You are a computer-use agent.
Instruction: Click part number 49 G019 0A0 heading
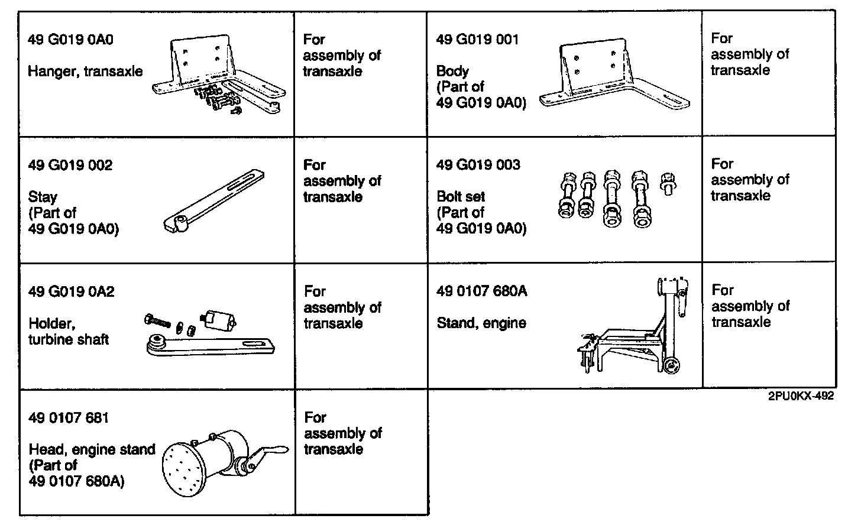tap(70, 40)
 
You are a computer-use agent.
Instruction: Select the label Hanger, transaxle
tap(85, 72)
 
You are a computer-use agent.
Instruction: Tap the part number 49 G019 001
tap(477, 40)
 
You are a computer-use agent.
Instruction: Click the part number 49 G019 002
tap(70, 165)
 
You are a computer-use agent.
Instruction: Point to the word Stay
tap(43, 197)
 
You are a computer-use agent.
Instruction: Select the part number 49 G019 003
tap(478, 165)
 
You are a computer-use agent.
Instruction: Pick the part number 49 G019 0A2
tap(71, 291)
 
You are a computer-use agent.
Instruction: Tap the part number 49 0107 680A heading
tap(481, 291)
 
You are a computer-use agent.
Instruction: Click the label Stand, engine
tap(481, 323)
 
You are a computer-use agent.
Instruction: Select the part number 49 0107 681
tap(69, 418)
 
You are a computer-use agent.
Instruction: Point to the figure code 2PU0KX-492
tap(801, 397)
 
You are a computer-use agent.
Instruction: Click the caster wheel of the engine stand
tap(671, 366)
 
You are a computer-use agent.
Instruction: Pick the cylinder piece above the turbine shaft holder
tap(218, 319)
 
